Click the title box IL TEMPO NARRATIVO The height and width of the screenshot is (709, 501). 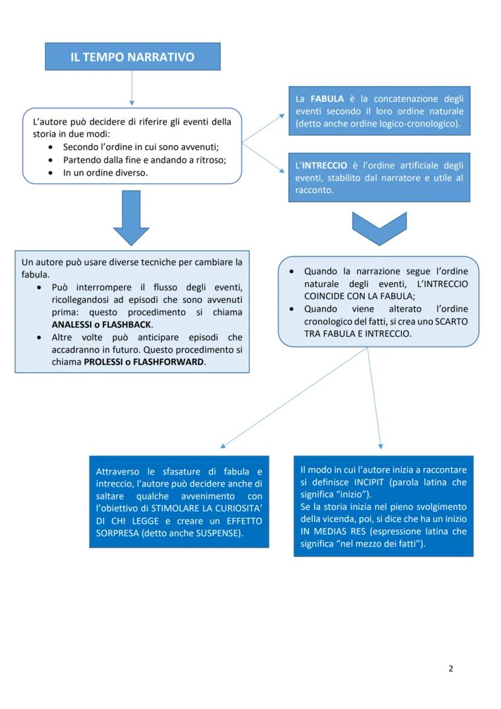click(x=133, y=57)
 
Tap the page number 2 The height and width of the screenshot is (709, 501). click(x=451, y=668)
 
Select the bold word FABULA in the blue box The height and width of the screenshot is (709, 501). click(x=327, y=99)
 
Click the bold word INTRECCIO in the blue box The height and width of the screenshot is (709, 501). click(x=324, y=165)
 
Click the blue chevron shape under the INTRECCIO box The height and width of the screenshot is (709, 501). click(x=379, y=228)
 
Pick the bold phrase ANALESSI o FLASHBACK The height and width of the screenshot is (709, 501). click(x=101, y=324)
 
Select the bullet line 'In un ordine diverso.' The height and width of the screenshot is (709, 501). click(x=105, y=173)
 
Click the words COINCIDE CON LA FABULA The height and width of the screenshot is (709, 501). click(x=359, y=296)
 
